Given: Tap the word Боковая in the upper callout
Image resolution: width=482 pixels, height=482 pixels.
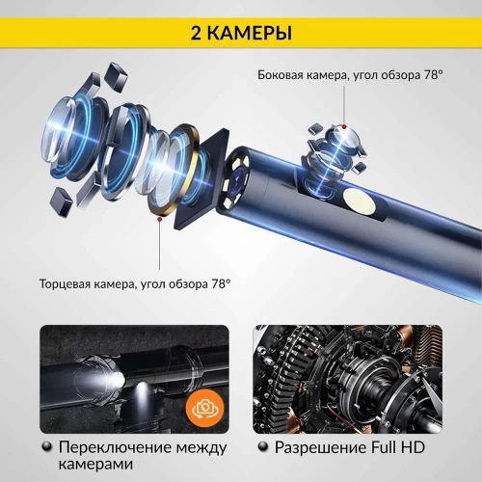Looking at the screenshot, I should pyautogui.click(x=281, y=76).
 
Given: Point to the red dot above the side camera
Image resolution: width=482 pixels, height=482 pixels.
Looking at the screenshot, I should pyautogui.click(x=343, y=126).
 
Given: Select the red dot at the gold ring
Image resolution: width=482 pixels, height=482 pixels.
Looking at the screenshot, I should pyautogui.click(x=159, y=219).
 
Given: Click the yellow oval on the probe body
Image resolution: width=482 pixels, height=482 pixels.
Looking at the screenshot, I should pyautogui.click(x=362, y=202).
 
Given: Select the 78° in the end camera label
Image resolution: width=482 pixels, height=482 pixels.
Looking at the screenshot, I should pyautogui.click(x=221, y=284).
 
